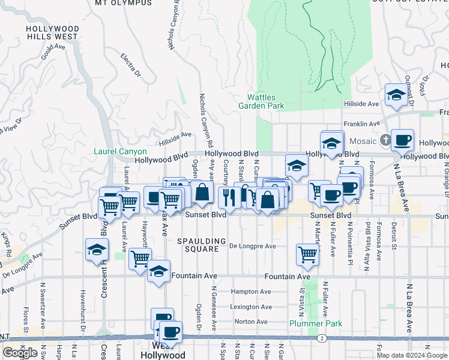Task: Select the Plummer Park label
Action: tap(316, 323)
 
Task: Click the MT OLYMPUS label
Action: tap(124, 3)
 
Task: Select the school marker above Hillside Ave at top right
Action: tap(396, 95)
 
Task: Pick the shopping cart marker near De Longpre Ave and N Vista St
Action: tap(307, 254)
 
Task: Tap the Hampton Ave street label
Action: tap(250, 292)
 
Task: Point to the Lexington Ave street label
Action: tap(251, 307)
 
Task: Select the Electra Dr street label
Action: tap(130, 65)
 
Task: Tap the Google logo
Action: tap(20, 353)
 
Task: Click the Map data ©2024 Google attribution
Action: tap(412, 355)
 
